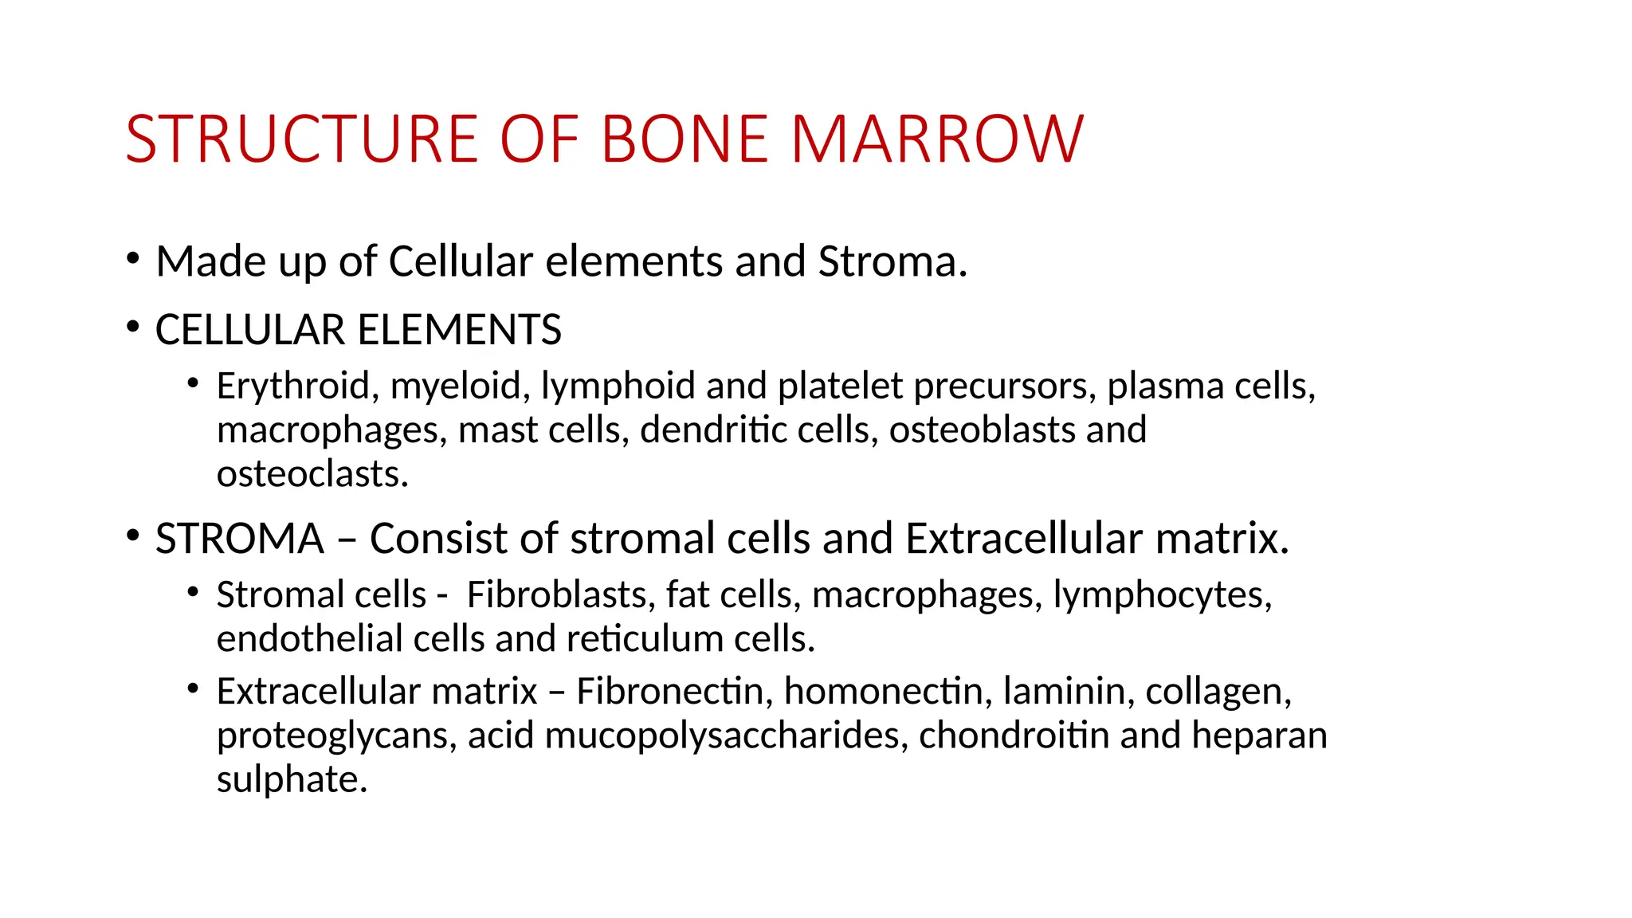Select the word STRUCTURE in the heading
tap(301, 139)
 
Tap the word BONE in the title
tap(685, 139)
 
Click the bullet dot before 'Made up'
tap(133, 258)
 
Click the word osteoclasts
tap(312, 474)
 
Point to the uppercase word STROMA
tap(240, 539)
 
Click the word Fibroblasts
tap(561, 595)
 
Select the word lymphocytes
tap(1162, 595)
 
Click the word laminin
tap(1069, 692)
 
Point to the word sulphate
tap(292, 779)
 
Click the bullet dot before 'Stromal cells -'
tap(193, 592)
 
